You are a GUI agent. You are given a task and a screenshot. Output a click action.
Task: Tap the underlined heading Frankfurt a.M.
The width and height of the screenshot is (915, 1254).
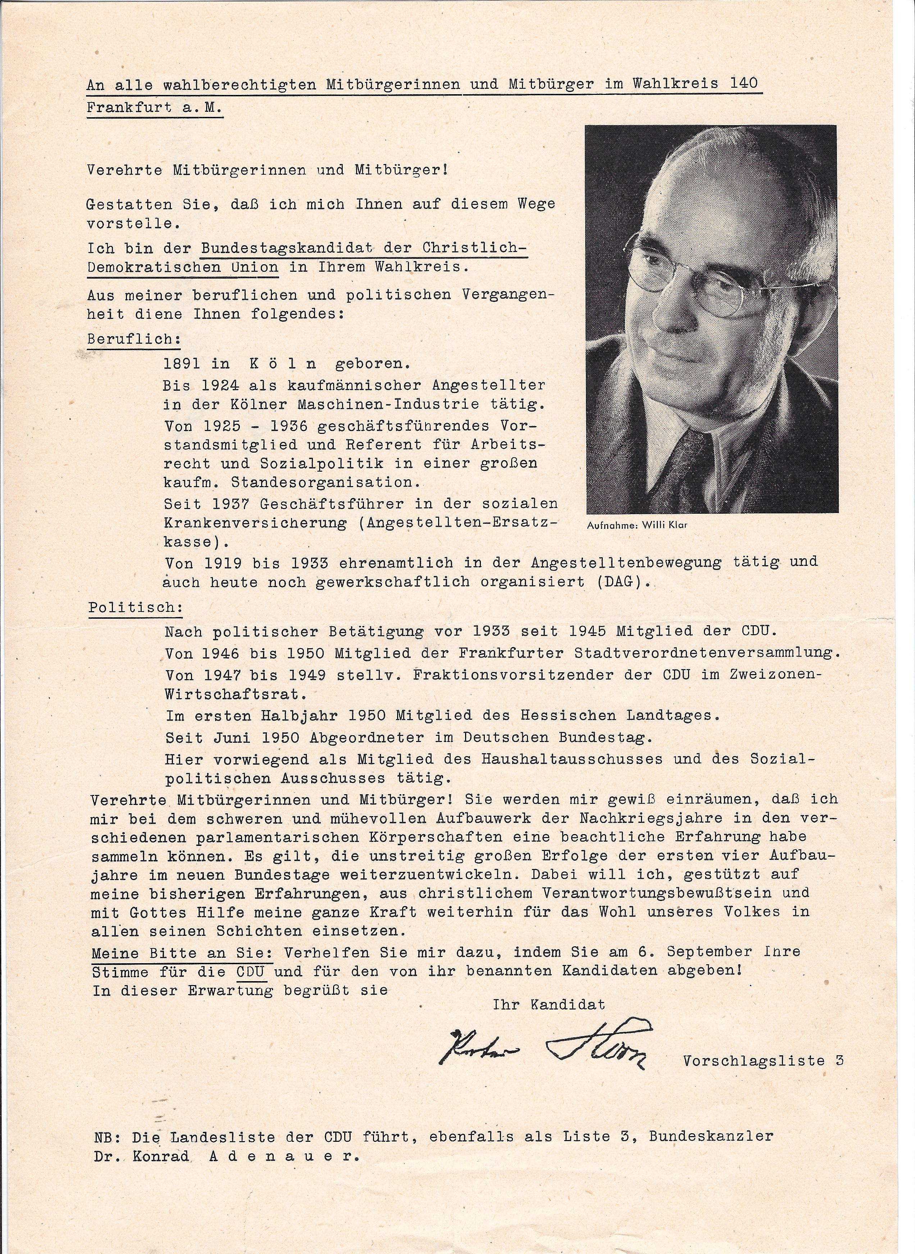tap(155, 108)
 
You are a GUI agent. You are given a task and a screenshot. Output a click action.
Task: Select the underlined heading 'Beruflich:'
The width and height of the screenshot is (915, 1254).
tap(133, 339)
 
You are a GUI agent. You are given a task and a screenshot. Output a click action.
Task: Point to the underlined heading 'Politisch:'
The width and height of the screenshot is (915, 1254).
tap(135, 607)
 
